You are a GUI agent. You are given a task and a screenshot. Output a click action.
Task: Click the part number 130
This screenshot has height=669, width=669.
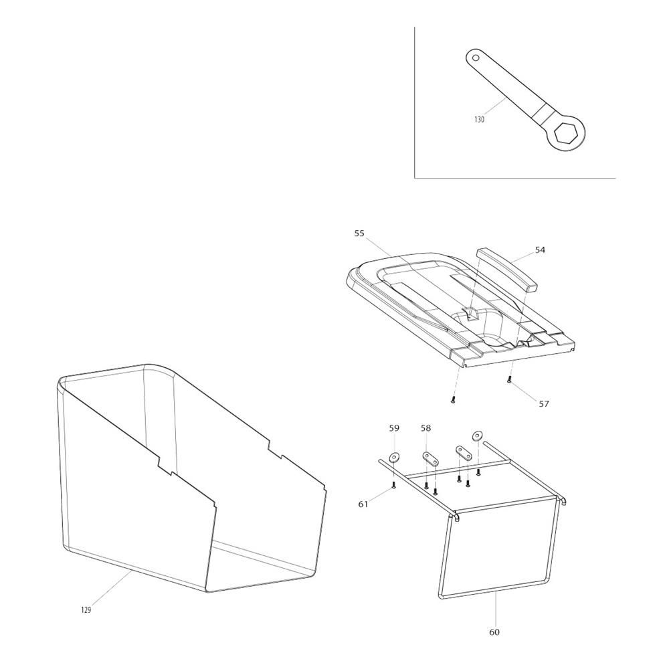click(x=479, y=120)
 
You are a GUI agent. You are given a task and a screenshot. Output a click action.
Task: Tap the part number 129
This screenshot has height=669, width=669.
click(x=86, y=609)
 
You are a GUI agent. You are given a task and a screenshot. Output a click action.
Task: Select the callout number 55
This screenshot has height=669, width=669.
click(x=359, y=233)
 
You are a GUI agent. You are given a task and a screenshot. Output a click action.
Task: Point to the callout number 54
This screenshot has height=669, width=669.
click(x=540, y=250)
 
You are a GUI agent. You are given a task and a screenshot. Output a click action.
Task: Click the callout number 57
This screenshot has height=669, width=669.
click(x=543, y=403)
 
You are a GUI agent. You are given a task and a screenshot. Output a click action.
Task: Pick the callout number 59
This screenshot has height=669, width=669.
click(x=394, y=428)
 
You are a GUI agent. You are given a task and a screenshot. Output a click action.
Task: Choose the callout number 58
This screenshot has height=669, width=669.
click(x=425, y=428)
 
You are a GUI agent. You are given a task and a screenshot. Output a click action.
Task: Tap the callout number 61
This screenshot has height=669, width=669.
click(x=363, y=504)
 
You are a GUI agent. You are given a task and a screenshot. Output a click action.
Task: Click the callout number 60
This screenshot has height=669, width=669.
click(x=494, y=632)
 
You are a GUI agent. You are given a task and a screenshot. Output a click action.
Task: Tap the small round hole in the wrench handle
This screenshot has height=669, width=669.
click(x=476, y=58)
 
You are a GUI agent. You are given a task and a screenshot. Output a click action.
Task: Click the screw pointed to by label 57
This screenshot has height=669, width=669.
click(x=509, y=381)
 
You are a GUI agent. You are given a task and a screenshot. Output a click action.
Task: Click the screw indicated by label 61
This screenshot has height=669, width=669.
click(x=394, y=484)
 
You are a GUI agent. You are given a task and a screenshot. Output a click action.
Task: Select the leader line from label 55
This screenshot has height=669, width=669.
click(x=417, y=276)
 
